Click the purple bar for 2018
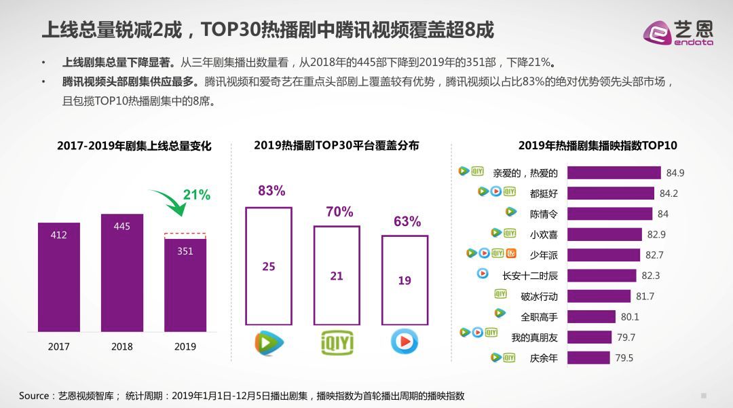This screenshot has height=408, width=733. coord(122,273)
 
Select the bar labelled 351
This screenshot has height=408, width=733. coord(185,285)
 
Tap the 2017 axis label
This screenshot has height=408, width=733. coord(58,347)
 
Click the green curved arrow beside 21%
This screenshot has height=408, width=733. coord(169,202)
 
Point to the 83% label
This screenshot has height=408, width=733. coord(271,191)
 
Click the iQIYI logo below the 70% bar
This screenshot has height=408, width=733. coord(337,343)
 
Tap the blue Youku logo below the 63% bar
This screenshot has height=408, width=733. coord(405,341)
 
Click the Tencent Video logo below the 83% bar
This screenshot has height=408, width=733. coord(269,343)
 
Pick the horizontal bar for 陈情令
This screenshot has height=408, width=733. coord(609,214)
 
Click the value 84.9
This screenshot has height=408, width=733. coord(675,173)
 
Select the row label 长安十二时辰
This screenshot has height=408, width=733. coord(529,276)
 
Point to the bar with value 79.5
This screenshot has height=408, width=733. coord(588,358)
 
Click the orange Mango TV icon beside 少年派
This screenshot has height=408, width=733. coord(512,253)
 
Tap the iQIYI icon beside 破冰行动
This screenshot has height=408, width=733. coord(501,294)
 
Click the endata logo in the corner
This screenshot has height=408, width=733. coord(678,33)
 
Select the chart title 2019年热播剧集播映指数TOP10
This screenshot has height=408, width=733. coord(597,146)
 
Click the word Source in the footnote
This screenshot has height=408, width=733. coord(34,396)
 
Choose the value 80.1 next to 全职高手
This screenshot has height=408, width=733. coord(630,317)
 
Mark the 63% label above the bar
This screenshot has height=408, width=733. coord(407,221)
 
